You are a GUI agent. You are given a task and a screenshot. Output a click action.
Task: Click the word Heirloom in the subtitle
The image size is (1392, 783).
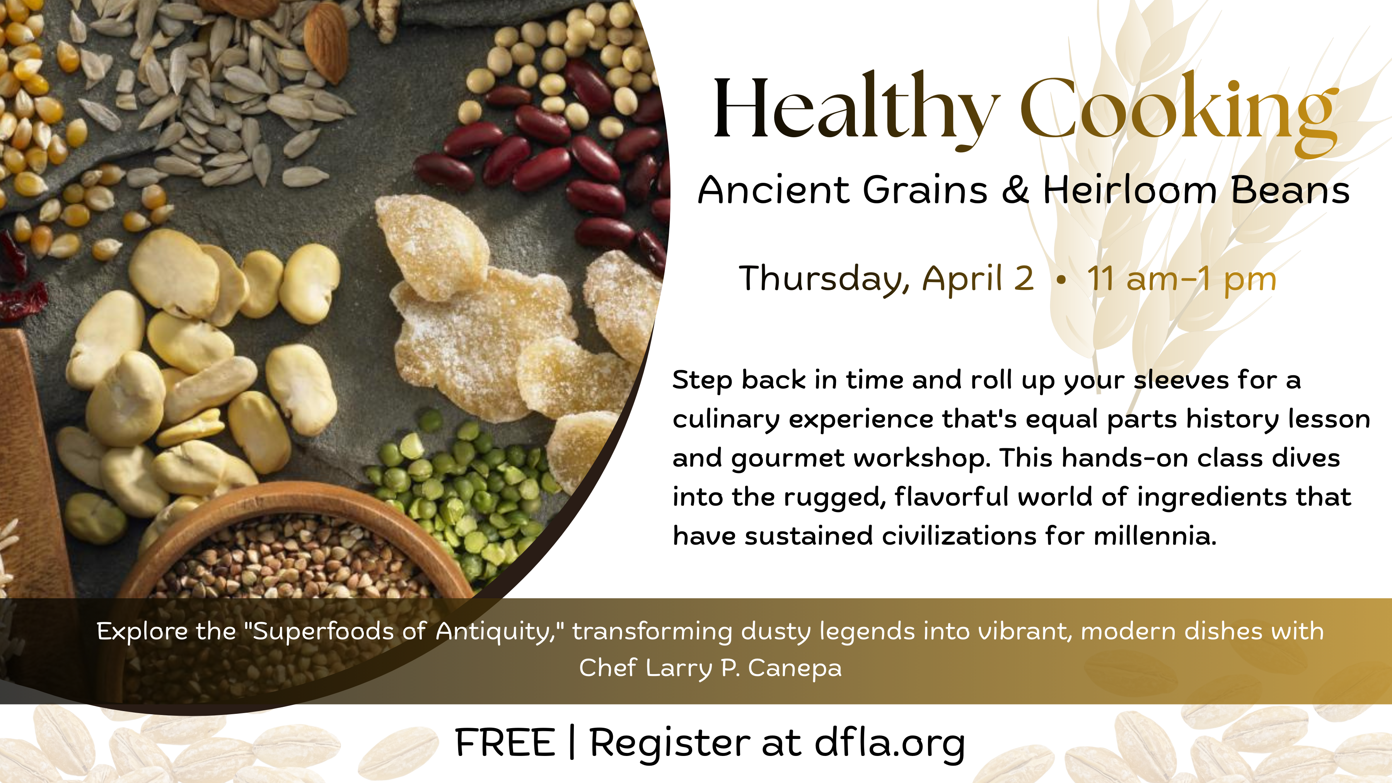tap(1129, 190)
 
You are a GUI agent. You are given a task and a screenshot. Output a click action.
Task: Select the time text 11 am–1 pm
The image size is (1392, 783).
tap(1182, 279)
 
